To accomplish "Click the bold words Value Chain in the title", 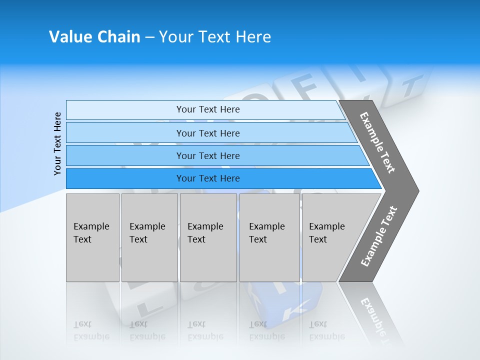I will click(x=94, y=37).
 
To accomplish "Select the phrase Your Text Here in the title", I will click(x=215, y=37).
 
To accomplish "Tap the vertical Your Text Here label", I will click(x=57, y=143).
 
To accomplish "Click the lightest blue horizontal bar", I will click(x=205, y=109).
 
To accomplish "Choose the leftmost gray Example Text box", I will click(x=92, y=237).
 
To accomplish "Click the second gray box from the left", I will click(x=149, y=237).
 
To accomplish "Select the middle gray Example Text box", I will click(x=208, y=237).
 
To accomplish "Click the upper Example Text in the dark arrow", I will click(x=377, y=142).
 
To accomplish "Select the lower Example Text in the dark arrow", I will click(x=379, y=236).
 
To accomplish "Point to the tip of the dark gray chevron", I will click(x=417, y=190).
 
